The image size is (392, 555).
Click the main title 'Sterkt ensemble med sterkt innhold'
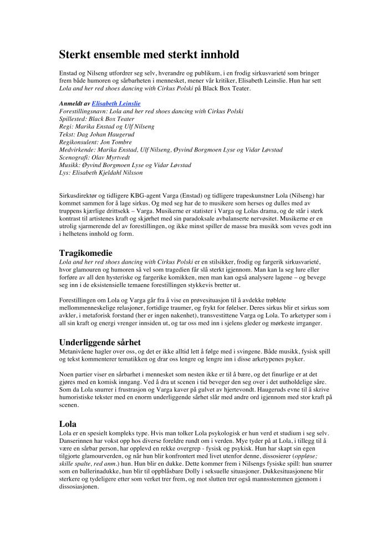tap(149, 55)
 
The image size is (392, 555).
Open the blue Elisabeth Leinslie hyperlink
tap(116, 104)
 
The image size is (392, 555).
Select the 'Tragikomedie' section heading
tap(85, 253)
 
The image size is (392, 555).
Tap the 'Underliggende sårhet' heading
tap(101, 342)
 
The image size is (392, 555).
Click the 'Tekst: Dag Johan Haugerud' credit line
tap(96, 134)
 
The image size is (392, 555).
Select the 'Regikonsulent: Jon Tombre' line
tap(95, 142)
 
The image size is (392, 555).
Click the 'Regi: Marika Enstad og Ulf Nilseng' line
tap(106, 127)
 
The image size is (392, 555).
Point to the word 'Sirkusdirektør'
tap(79, 196)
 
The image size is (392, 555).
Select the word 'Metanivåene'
tap(77, 351)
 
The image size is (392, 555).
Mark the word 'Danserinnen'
tap(77, 441)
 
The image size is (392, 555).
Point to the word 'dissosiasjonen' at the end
tap(79, 487)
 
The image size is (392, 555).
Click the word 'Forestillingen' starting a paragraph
tap(79, 299)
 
